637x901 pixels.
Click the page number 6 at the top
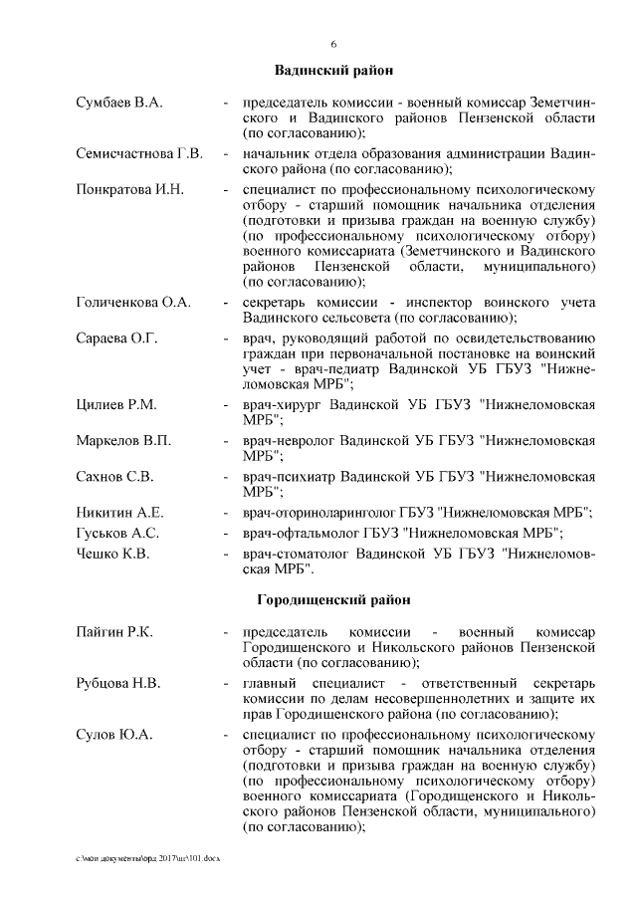click(x=333, y=44)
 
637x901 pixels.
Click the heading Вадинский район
click(x=333, y=71)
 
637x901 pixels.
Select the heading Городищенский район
click(x=333, y=601)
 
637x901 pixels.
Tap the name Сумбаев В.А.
click(x=119, y=103)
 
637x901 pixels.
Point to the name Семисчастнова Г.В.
click(x=139, y=153)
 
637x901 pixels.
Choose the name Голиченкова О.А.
click(x=133, y=302)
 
